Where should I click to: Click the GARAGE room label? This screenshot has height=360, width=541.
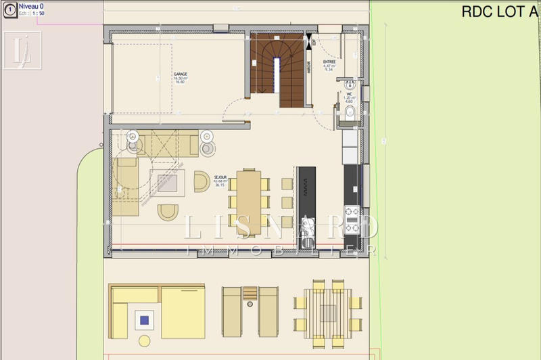click(x=180, y=74)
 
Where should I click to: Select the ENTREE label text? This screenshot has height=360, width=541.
click(x=330, y=60)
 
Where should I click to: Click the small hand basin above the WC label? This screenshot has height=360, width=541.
click(x=349, y=85)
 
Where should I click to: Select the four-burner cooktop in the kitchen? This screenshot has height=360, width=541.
click(x=352, y=219)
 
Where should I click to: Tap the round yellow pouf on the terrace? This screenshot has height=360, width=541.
click(x=145, y=340)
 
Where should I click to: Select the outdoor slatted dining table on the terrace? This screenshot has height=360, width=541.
click(x=328, y=311)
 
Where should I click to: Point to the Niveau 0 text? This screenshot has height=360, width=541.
click(x=31, y=5)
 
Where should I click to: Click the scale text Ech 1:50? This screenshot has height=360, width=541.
click(x=32, y=13)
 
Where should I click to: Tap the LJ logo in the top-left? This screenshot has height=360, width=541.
click(x=22, y=50)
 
